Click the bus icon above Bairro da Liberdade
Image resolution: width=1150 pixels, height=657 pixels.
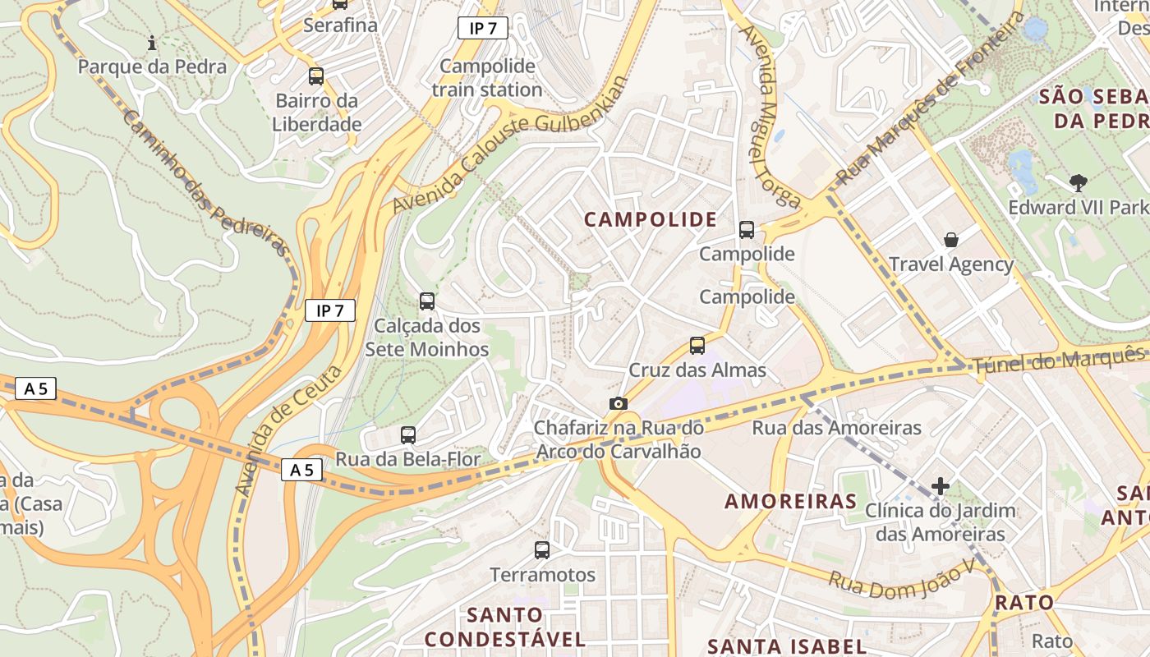pos(316,76)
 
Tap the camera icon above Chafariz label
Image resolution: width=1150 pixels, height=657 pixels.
pos(619,403)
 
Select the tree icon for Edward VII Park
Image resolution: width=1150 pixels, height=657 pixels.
pos(1079,182)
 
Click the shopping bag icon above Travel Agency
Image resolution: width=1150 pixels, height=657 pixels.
pos(951,240)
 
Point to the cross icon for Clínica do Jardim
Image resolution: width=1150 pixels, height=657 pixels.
pos(941,486)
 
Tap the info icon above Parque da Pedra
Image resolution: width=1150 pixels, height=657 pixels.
pos(151,42)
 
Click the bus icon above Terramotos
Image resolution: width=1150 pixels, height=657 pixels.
pos(542,550)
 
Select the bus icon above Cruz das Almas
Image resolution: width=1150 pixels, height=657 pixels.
pos(697,346)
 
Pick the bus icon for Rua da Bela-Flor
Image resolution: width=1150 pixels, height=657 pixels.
pos(408,435)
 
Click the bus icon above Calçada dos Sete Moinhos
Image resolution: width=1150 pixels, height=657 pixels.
pos(427,301)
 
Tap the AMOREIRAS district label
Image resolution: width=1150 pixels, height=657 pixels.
pos(790,501)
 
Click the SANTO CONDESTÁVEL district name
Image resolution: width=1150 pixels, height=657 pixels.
pos(504,627)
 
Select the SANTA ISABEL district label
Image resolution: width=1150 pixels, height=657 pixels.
pos(786,646)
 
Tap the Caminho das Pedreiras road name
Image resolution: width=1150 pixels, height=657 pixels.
pos(205,182)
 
